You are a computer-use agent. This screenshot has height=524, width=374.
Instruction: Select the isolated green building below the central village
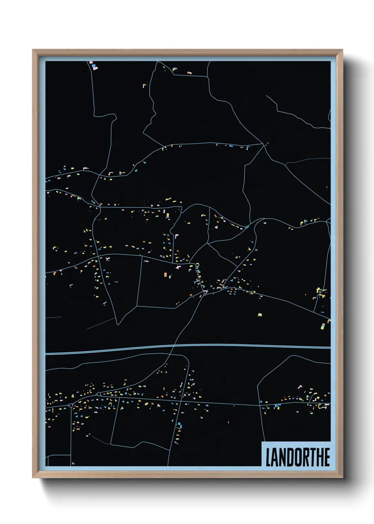260,314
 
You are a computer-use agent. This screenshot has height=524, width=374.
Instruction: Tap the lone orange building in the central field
165,274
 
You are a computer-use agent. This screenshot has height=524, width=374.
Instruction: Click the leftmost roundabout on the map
71,405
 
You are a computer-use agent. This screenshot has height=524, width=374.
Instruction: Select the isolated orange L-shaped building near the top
144,85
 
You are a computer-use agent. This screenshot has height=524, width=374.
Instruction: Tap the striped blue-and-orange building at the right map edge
323,326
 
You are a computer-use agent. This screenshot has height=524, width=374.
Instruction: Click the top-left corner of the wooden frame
33,50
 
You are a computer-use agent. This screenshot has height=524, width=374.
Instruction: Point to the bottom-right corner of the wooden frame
342,477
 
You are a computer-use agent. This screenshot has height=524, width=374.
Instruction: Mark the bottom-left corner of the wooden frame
33,477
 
